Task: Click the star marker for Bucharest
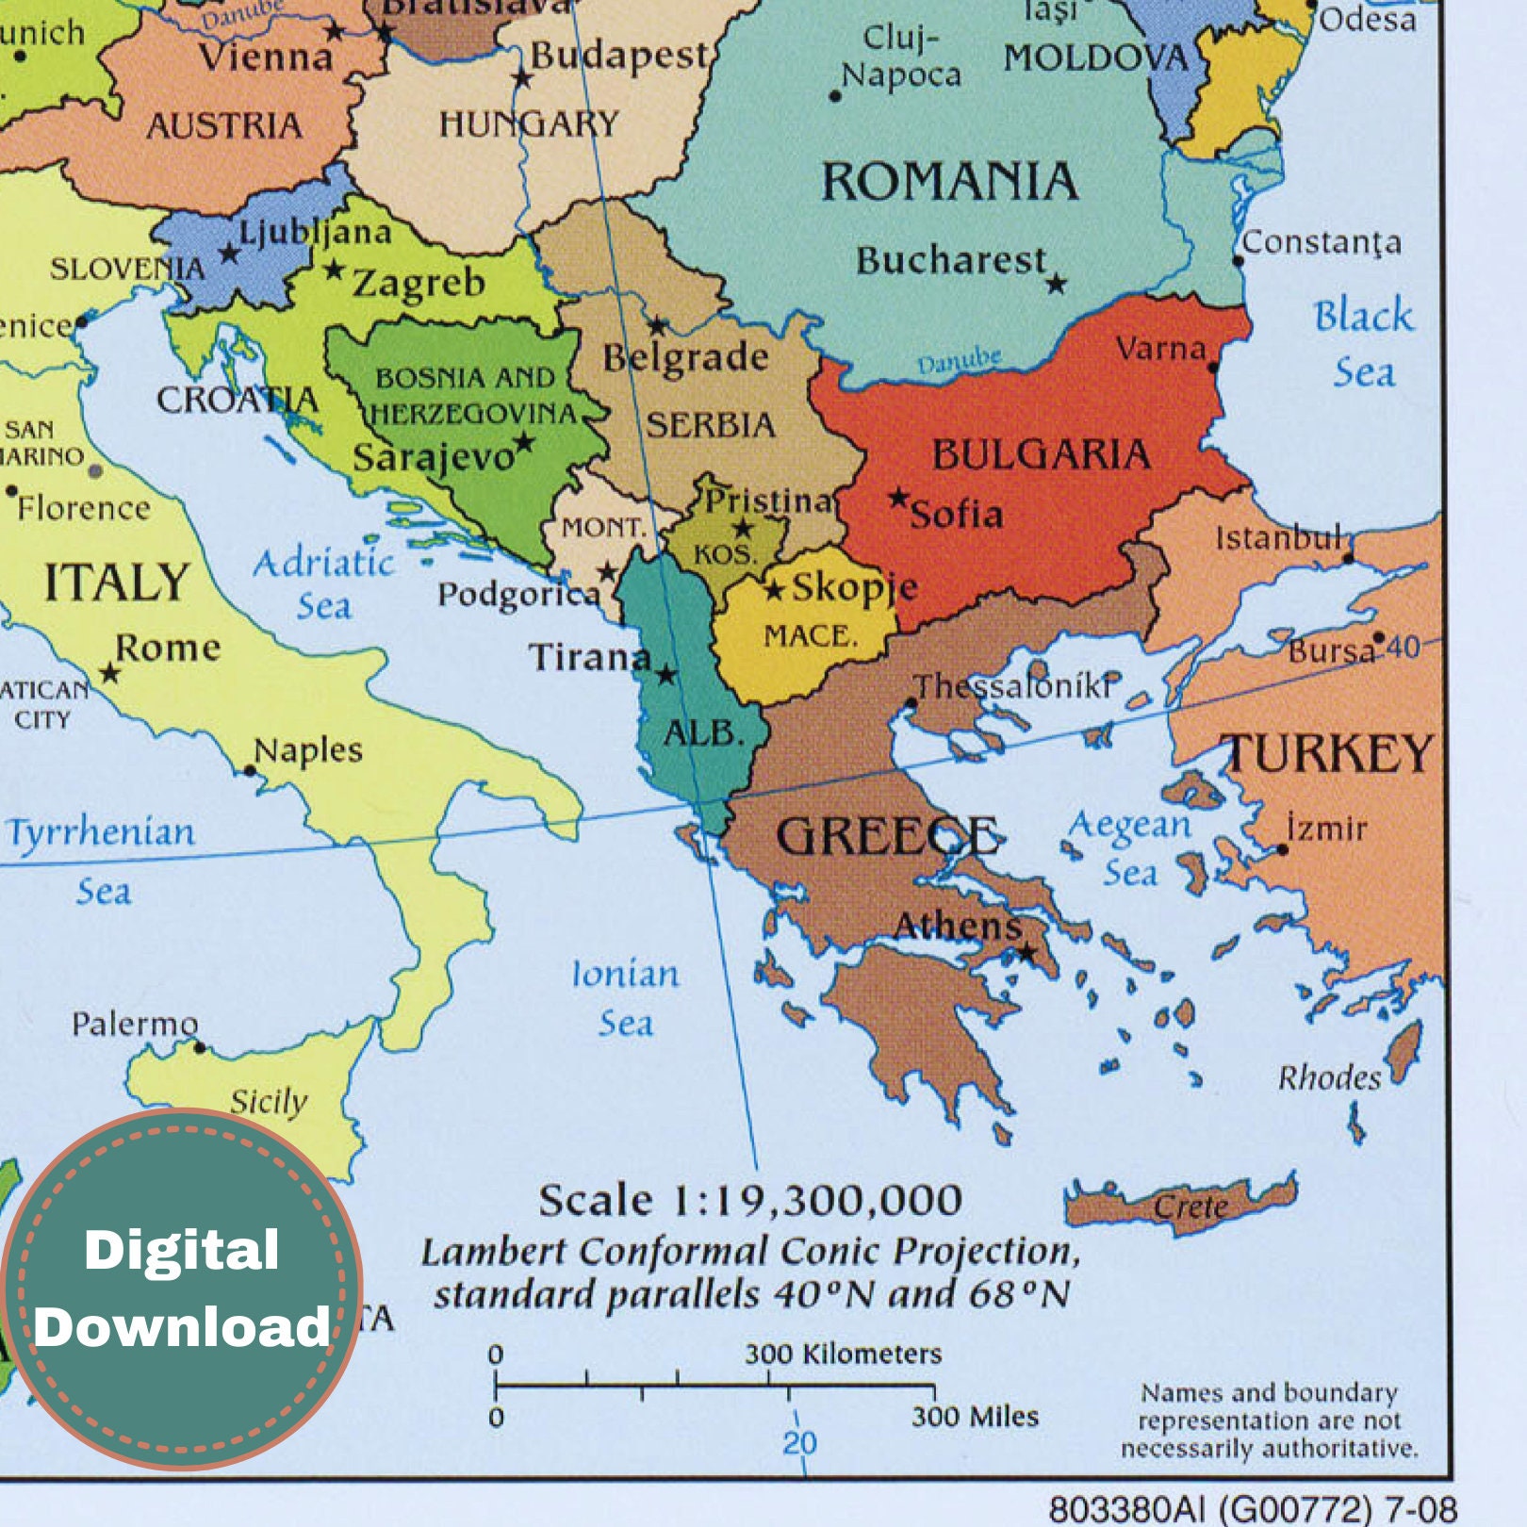[1057, 284]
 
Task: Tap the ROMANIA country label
[949, 182]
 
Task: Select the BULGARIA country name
[1041, 455]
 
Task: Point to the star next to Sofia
[899, 497]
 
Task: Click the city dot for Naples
[250, 771]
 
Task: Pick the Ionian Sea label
[626, 997]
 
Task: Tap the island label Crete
[1191, 1207]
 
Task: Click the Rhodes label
[1329, 1077]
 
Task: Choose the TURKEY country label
[1329, 753]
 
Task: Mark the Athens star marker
[1027, 954]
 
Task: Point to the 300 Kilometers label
[843, 1355]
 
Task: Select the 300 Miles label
[975, 1417]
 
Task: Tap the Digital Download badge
[182, 1289]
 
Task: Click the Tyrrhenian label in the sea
[102, 833]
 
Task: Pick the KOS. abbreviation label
[725, 555]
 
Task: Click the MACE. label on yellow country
[811, 636]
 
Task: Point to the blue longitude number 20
[799, 1443]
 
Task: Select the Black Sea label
[1363, 343]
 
